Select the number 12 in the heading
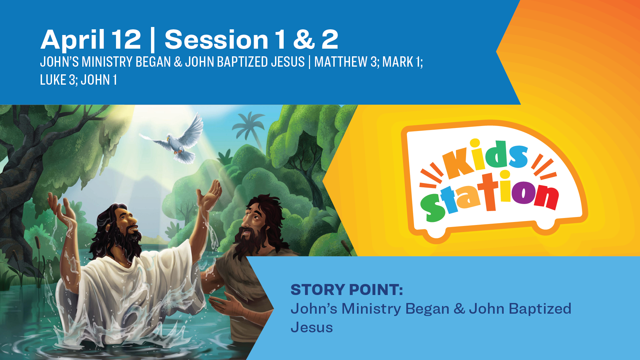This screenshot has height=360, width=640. pos(126,39)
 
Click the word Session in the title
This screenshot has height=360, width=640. pos(216,39)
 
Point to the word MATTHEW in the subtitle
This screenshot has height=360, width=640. pos(341,62)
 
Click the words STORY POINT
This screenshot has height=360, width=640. pos(347,289)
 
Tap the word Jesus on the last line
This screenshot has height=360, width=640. pos(312,327)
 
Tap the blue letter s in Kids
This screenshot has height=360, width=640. pos(517,157)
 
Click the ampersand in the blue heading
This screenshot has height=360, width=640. pos(304,39)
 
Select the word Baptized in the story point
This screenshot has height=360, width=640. pos(540,309)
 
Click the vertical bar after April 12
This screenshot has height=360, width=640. pos(153,40)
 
